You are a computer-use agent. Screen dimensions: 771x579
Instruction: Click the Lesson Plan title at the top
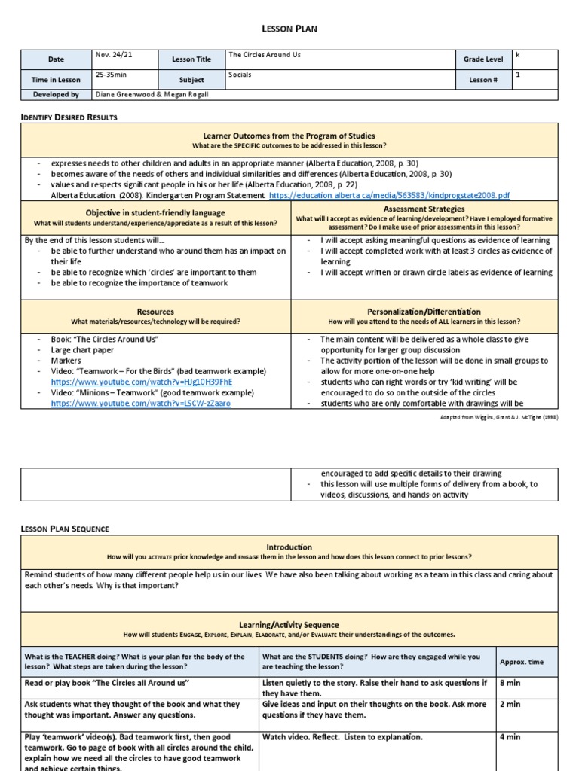[289, 29]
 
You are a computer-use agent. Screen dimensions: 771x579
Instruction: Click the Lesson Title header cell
[191, 59]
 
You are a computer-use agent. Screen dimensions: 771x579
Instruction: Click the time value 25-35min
[111, 75]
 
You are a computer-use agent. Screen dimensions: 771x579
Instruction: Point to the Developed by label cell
[57, 95]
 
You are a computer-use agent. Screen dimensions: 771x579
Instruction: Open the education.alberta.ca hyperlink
[389, 195]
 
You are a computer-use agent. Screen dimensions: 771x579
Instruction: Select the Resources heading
[155, 311]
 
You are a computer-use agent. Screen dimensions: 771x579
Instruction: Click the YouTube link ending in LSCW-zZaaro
[141, 403]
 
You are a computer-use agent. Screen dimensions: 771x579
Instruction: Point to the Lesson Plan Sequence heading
[65, 529]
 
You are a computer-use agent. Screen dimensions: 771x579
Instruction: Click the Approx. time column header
[521, 661]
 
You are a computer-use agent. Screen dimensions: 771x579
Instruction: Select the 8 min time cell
[510, 683]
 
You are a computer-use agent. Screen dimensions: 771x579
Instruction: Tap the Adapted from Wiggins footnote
[507, 416]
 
